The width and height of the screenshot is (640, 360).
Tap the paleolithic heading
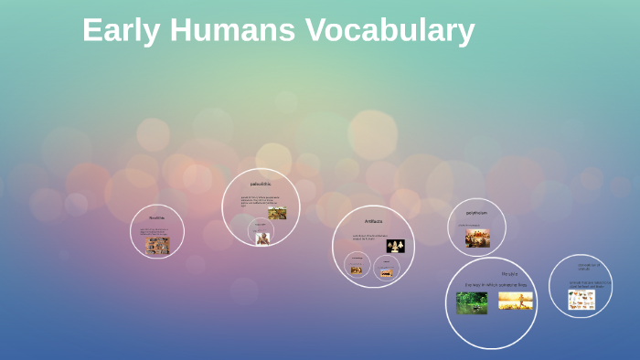261,184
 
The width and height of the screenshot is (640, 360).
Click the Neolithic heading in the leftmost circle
156,217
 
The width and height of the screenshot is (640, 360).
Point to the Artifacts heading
373,221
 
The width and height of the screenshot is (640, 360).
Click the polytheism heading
476,213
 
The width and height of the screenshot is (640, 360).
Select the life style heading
509,273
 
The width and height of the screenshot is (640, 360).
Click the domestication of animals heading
581,267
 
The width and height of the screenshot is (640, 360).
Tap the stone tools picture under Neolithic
157,245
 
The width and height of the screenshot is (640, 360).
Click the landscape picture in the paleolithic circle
277,213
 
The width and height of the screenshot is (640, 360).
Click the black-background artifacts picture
395,246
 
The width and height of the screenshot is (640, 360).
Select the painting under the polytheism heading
477,238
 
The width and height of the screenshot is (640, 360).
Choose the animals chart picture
581,300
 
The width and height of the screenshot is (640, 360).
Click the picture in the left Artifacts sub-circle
357,269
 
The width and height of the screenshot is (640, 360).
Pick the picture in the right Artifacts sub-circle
387,271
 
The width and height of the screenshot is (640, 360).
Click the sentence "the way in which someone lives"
496,285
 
